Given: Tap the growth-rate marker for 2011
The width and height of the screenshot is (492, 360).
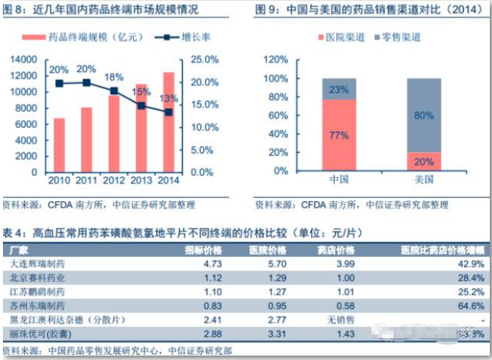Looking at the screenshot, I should (x=87, y=82).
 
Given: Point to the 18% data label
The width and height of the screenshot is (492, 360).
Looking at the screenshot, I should (x=114, y=76).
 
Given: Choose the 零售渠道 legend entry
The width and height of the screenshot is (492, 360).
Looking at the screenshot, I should (x=402, y=37).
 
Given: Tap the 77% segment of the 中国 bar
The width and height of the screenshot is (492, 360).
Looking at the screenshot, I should (x=339, y=135).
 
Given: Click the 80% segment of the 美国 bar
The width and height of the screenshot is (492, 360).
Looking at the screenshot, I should (x=424, y=115).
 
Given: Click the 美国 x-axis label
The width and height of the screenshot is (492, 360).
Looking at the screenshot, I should (x=424, y=179).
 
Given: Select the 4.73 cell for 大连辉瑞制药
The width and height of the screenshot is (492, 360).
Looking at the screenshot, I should (x=192, y=262).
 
